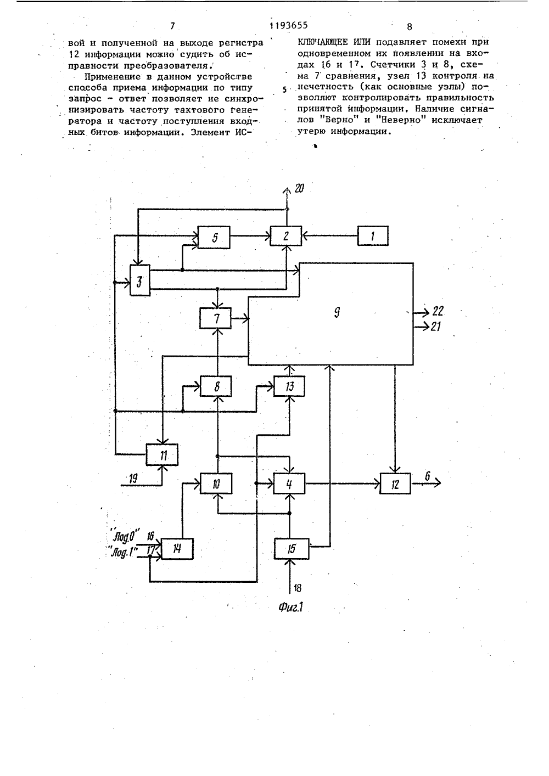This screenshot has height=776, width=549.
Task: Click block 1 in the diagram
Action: coord(373,236)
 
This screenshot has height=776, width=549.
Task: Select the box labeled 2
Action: coord(286,236)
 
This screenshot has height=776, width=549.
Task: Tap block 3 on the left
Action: coord(140,280)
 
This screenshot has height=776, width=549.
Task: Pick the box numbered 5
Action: coord(214,237)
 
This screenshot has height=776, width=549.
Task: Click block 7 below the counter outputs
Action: coord(216,318)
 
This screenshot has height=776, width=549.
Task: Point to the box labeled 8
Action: coord(216,386)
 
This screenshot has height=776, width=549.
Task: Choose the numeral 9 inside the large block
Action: coord(337,313)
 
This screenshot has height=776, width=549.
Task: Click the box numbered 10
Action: coord(216,483)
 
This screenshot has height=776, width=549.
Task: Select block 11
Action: coord(162,455)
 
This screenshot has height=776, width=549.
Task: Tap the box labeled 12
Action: coord(395,483)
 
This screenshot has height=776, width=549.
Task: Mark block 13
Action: coord(289,386)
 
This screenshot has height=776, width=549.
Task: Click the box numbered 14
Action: coord(177,549)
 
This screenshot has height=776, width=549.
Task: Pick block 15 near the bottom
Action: coord(292,549)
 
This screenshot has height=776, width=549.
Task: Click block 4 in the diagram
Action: coord(289,483)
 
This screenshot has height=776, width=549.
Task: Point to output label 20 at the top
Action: coord(299,188)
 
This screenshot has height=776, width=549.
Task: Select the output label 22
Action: coord(438,311)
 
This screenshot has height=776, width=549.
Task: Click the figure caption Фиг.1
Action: coord(291,607)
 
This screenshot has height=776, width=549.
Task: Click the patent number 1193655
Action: coord(288,25)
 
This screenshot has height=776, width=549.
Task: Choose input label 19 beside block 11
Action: coord(133,479)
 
